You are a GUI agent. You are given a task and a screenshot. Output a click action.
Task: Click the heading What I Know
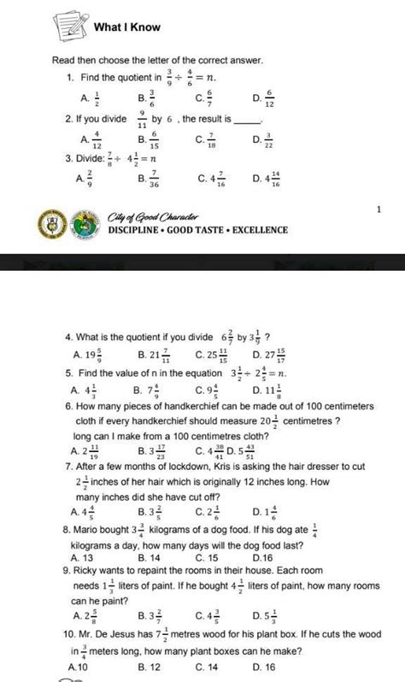click(x=127, y=27)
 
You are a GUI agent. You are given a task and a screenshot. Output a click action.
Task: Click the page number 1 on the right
click(x=377, y=209)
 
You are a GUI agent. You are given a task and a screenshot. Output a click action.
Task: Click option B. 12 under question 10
click(x=150, y=667)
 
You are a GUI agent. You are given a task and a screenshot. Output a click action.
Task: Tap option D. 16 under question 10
click(x=265, y=667)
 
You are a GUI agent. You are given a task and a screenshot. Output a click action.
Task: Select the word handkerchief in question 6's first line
click(x=195, y=409)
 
